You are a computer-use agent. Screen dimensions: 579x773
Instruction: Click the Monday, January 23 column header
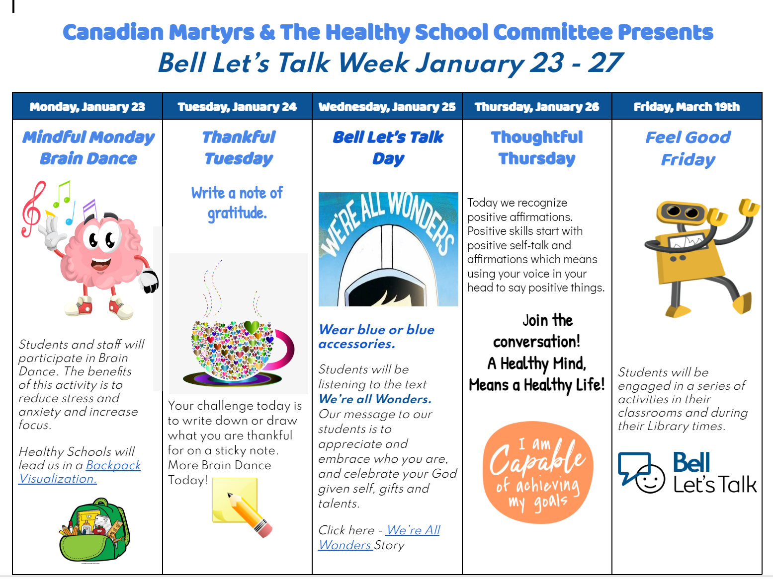pyautogui.click(x=87, y=107)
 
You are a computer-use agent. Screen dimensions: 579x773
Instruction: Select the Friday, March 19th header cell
pyautogui.click(x=687, y=107)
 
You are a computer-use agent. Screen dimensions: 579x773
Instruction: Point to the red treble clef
pyautogui.click(x=33, y=209)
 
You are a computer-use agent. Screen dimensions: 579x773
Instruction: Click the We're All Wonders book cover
pyautogui.click(x=388, y=249)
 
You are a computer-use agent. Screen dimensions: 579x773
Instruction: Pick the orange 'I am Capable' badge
pyautogui.click(x=537, y=473)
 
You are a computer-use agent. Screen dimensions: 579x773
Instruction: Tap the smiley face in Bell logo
pyautogui.click(x=650, y=479)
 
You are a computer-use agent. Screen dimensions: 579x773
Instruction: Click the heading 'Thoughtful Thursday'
pyautogui.click(x=537, y=147)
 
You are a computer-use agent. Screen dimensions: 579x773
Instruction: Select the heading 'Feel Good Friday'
pyautogui.click(x=687, y=148)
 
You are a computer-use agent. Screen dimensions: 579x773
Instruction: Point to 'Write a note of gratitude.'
pyautogui.click(x=237, y=203)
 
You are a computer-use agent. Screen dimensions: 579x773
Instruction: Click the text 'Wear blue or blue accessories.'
pyautogui.click(x=376, y=337)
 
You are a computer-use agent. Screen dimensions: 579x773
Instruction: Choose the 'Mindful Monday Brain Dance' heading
pyautogui.click(x=88, y=147)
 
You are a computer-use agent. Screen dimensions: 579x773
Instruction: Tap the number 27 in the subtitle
pyautogui.click(x=605, y=63)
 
